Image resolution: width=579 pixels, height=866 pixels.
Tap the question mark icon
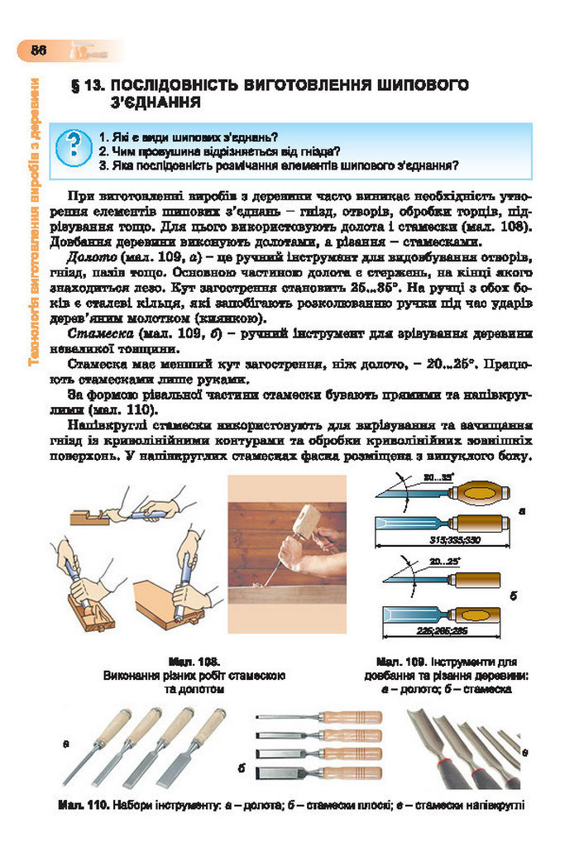point(74,148)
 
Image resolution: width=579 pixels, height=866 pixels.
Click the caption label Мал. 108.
point(193,663)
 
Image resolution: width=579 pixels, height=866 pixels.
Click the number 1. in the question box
point(103,136)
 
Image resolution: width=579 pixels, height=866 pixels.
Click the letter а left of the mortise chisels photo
point(65,745)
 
